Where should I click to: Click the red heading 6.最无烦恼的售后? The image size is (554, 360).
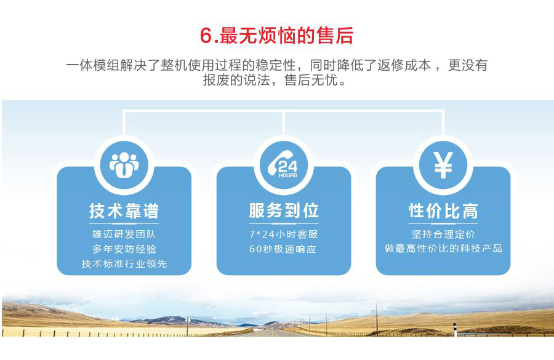pyautogui.click(x=276, y=35)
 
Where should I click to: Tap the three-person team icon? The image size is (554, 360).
pyautogui.click(x=124, y=165)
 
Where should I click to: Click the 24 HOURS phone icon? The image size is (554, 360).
pyautogui.click(x=283, y=164)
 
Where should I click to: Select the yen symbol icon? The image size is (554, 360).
pyautogui.click(x=443, y=165)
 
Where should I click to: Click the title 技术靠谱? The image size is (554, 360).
pyautogui.click(x=124, y=211)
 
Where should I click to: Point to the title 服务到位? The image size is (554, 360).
pyautogui.click(x=284, y=210)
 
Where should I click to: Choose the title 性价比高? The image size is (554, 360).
pyautogui.click(x=443, y=211)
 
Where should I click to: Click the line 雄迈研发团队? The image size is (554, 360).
pyautogui.click(x=124, y=234)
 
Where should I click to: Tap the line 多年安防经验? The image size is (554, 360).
pyautogui.click(x=124, y=249)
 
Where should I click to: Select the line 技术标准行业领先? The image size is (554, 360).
pyautogui.click(x=124, y=263)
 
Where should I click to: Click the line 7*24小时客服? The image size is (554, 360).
pyautogui.click(x=283, y=234)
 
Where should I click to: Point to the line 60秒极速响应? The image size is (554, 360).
pyautogui.click(x=283, y=249)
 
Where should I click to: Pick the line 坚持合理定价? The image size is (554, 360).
pyautogui.click(x=443, y=234)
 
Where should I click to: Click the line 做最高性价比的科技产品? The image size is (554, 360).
pyautogui.click(x=443, y=249)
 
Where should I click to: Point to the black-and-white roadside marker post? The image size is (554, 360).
pyautogui.click(x=455, y=329)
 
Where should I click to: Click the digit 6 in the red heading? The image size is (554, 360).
pyautogui.click(x=206, y=36)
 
